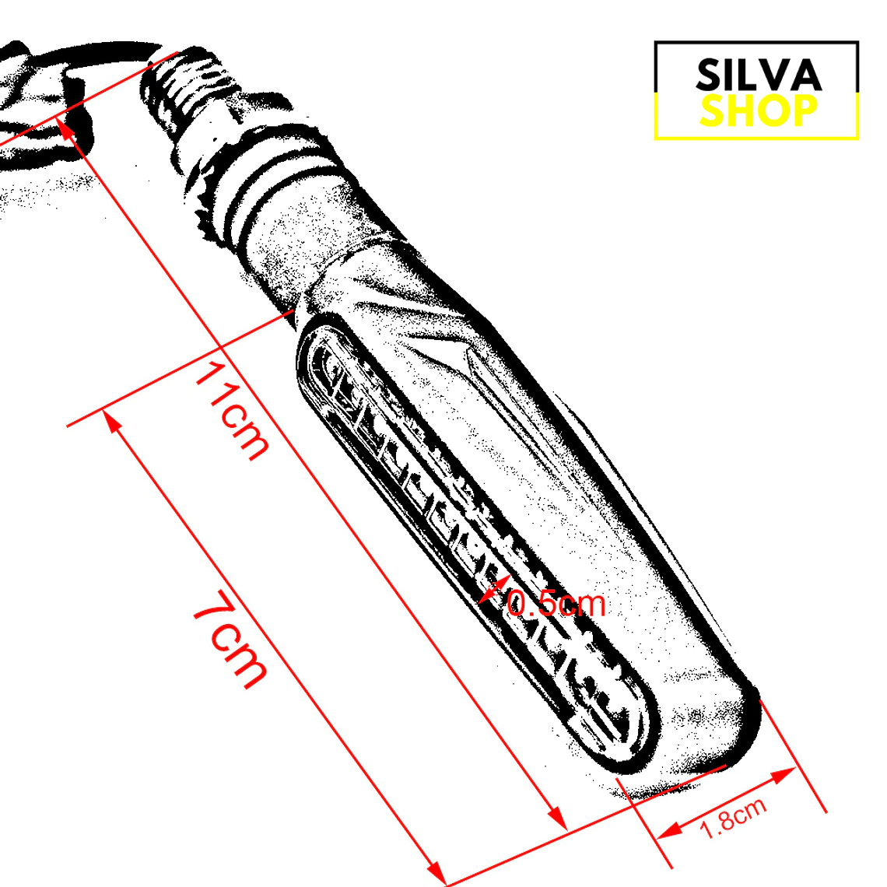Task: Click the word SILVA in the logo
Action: [x=758, y=75]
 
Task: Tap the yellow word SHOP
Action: [x=758, y=111]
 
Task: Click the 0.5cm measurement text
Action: [x=556, y=603]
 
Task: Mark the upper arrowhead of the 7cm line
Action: [x=112, y=421]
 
